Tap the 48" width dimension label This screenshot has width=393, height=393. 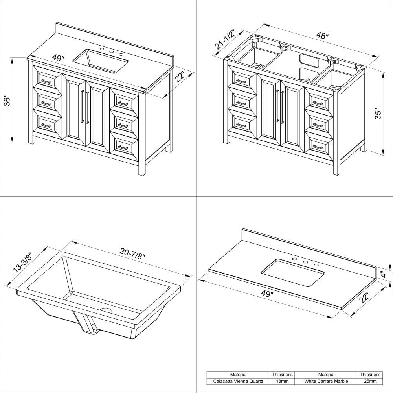coord(322,36)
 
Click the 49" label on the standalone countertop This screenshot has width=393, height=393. coord(267,294)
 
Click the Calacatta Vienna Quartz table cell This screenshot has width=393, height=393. coord(239,381)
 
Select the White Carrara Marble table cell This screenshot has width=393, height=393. coord(326,381)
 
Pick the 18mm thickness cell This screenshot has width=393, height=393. coord(282,381)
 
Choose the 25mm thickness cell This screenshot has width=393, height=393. coord(370,381)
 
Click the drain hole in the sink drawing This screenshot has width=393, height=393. coord(105,310)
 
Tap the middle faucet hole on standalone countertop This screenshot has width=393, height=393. coord(305,262)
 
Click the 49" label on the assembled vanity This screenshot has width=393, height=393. coord(58,58)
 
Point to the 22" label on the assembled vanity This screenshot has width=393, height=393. coord(180,77)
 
